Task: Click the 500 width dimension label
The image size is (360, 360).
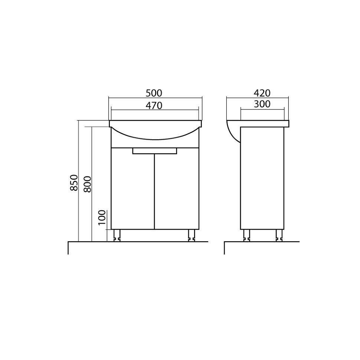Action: click(154, 93)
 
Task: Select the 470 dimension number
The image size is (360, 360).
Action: click(154, 106)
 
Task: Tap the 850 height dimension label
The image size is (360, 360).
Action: click(74, 183)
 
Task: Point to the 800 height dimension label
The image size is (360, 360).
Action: click(87, 184)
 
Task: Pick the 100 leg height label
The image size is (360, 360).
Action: click(102, 217)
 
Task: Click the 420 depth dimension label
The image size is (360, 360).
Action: click(262, 93)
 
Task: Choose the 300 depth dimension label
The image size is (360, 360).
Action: click(262, 104)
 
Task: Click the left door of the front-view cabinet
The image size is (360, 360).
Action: click(132, 189)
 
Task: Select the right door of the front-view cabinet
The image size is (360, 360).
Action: click(177, 189)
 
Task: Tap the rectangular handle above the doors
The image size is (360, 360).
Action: click(155, 151)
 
